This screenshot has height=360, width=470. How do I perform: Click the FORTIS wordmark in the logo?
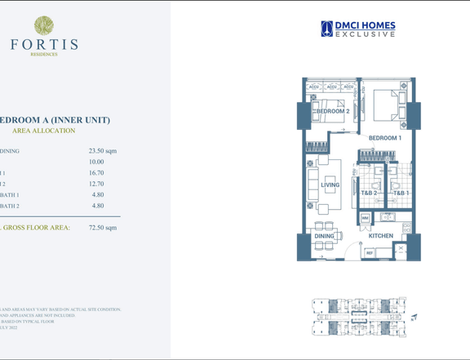[x=45, y=44]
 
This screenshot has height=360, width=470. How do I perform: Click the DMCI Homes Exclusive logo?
[x=358, y=29]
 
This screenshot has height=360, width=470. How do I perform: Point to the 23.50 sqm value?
[x=103, y=151]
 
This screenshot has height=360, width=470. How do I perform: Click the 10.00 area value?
[x=96, y=162]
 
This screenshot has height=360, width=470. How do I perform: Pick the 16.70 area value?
[x=96, y=173]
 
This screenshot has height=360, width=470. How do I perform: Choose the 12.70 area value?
[x=96, y=184]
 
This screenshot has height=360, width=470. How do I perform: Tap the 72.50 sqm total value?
[x=103, y=228]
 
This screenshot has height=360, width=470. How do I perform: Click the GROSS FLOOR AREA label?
[x=37, y=228]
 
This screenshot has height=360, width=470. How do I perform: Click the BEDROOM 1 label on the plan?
[x=384, y=138]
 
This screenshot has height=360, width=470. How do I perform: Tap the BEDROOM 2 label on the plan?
[x=333, y=111]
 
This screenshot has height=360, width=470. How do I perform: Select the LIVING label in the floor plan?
[x=330, y=185]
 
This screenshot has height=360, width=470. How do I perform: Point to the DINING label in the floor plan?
[x=326, y=236]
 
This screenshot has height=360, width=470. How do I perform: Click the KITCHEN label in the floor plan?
[x=380, y=236]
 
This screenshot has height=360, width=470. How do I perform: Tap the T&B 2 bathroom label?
[x=369, y=193]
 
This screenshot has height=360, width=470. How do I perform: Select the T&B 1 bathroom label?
[x=401, y=193]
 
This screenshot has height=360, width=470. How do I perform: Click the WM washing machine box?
[x=365, y=219]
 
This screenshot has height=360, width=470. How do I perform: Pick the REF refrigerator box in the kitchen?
[x=369, y=253]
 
